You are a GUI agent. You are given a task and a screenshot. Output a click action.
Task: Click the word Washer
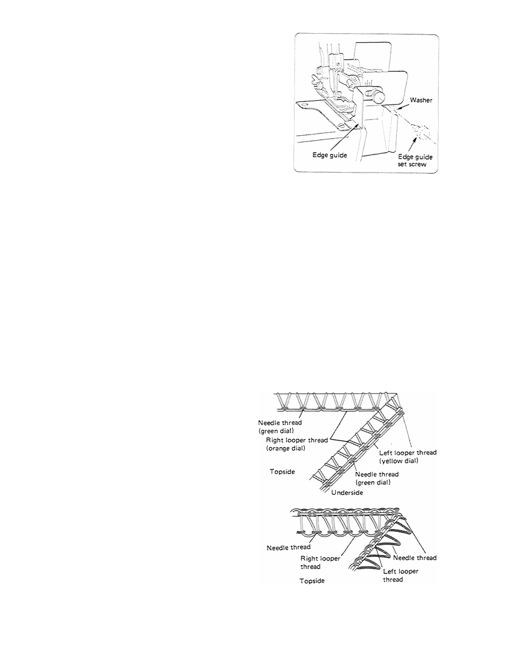click(421, 100)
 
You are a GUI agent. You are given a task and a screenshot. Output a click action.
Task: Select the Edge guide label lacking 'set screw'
click(329, 155)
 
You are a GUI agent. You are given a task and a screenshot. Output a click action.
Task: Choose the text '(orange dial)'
click(285, 449)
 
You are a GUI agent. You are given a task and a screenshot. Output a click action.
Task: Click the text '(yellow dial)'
click(399, 461)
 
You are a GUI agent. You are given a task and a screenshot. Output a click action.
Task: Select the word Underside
click(347, 493)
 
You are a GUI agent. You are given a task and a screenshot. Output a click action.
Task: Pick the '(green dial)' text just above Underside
click(373, 482)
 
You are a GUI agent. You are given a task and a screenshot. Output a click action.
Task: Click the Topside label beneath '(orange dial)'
click(282, 472)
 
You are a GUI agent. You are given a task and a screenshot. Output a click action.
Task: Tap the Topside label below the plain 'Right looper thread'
click(312, 581)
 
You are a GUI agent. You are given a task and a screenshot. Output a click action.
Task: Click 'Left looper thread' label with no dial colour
click(401, 576)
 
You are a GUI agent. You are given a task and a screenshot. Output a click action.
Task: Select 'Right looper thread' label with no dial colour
click(320, 562)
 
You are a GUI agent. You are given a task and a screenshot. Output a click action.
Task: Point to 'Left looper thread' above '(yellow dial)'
click(408, 453)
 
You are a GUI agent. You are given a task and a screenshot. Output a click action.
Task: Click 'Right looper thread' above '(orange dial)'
click(297, 440)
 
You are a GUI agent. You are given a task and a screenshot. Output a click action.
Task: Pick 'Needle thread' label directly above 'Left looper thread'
click(415, 557)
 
